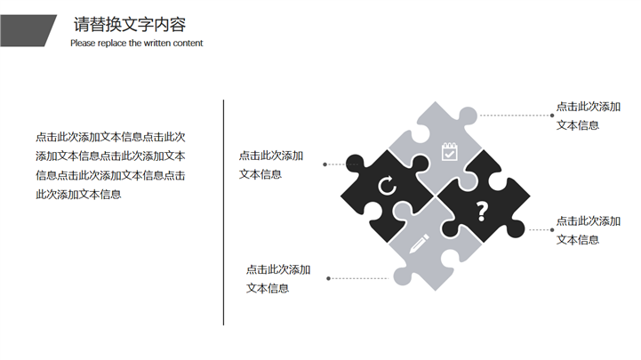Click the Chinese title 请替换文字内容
click(x=130, y=24)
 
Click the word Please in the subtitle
click(x=84, y=43)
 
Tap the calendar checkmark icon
click(x=449, y=152)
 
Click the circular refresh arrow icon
click(x=387, y=186)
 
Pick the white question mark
click(x=482, y=212)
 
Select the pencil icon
click(x=420, y=243)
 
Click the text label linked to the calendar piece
click(x=588, y=116)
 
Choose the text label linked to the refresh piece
click(x=270, y=164)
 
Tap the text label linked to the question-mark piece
click(x=588, y=229)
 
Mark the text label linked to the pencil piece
click(x=278, y=278)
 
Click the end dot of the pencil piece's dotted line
click(x=329, y=278)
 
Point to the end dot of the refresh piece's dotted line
click(x=325, y=164)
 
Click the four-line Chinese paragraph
click(x=110, y=165)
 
